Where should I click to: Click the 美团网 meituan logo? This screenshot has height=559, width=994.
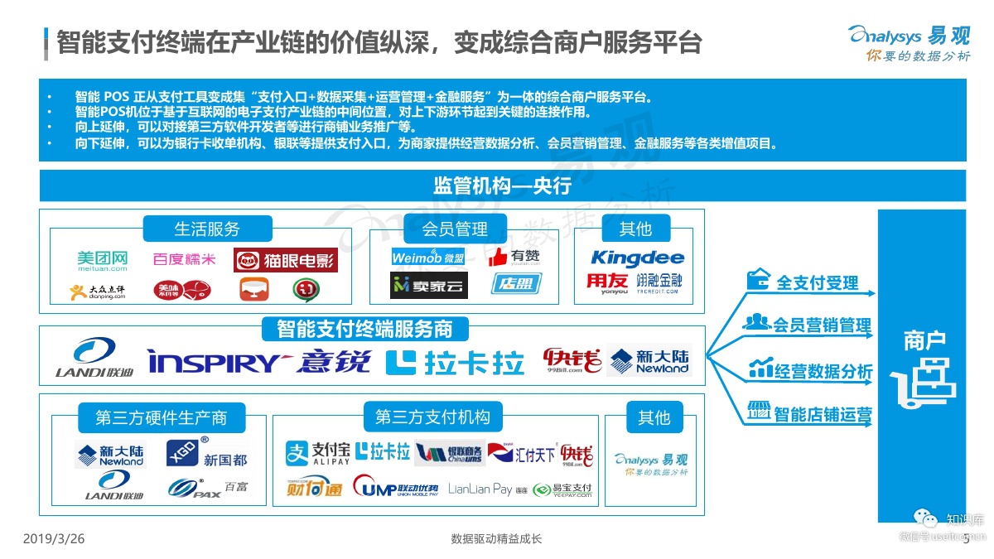103,262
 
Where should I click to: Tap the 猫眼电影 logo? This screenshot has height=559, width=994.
286,262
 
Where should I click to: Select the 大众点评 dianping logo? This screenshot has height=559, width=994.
98,291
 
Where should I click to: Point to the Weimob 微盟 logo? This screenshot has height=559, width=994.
427,258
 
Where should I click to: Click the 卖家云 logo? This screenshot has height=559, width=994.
429,286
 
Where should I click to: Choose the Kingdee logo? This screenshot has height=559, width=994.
637,258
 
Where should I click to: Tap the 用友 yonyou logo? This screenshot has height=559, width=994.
607,283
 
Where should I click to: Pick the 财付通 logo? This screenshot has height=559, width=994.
314,486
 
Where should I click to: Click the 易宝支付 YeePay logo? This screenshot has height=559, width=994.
563,489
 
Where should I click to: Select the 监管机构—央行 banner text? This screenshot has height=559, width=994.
502,186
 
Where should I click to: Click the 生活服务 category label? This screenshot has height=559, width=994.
206,229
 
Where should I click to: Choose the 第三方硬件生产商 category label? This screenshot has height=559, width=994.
161,417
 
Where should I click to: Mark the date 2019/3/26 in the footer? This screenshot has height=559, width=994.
54,539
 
